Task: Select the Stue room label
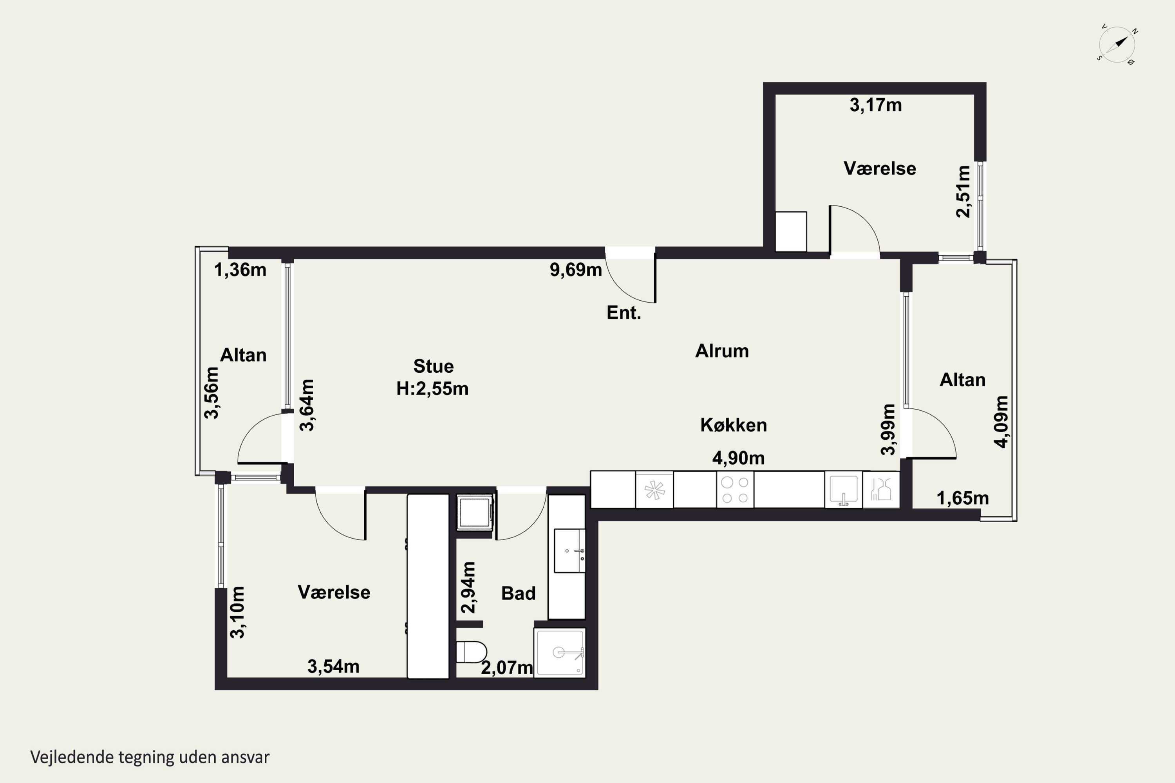(434, 366)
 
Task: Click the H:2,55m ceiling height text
(433, 388)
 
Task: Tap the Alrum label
(722, 351)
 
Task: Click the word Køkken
(733, 425)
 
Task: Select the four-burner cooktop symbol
(735, 490)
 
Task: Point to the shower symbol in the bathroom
(560, 653)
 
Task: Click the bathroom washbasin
(569, 550)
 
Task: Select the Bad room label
(519, 593)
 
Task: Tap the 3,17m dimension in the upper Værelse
(876, 105)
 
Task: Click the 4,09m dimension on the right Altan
(1001, 422)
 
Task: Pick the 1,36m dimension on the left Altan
(240, 270)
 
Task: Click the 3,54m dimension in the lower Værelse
(333, 666)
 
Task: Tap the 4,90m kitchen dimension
(738, 458)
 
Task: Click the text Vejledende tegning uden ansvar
(150, 758)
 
